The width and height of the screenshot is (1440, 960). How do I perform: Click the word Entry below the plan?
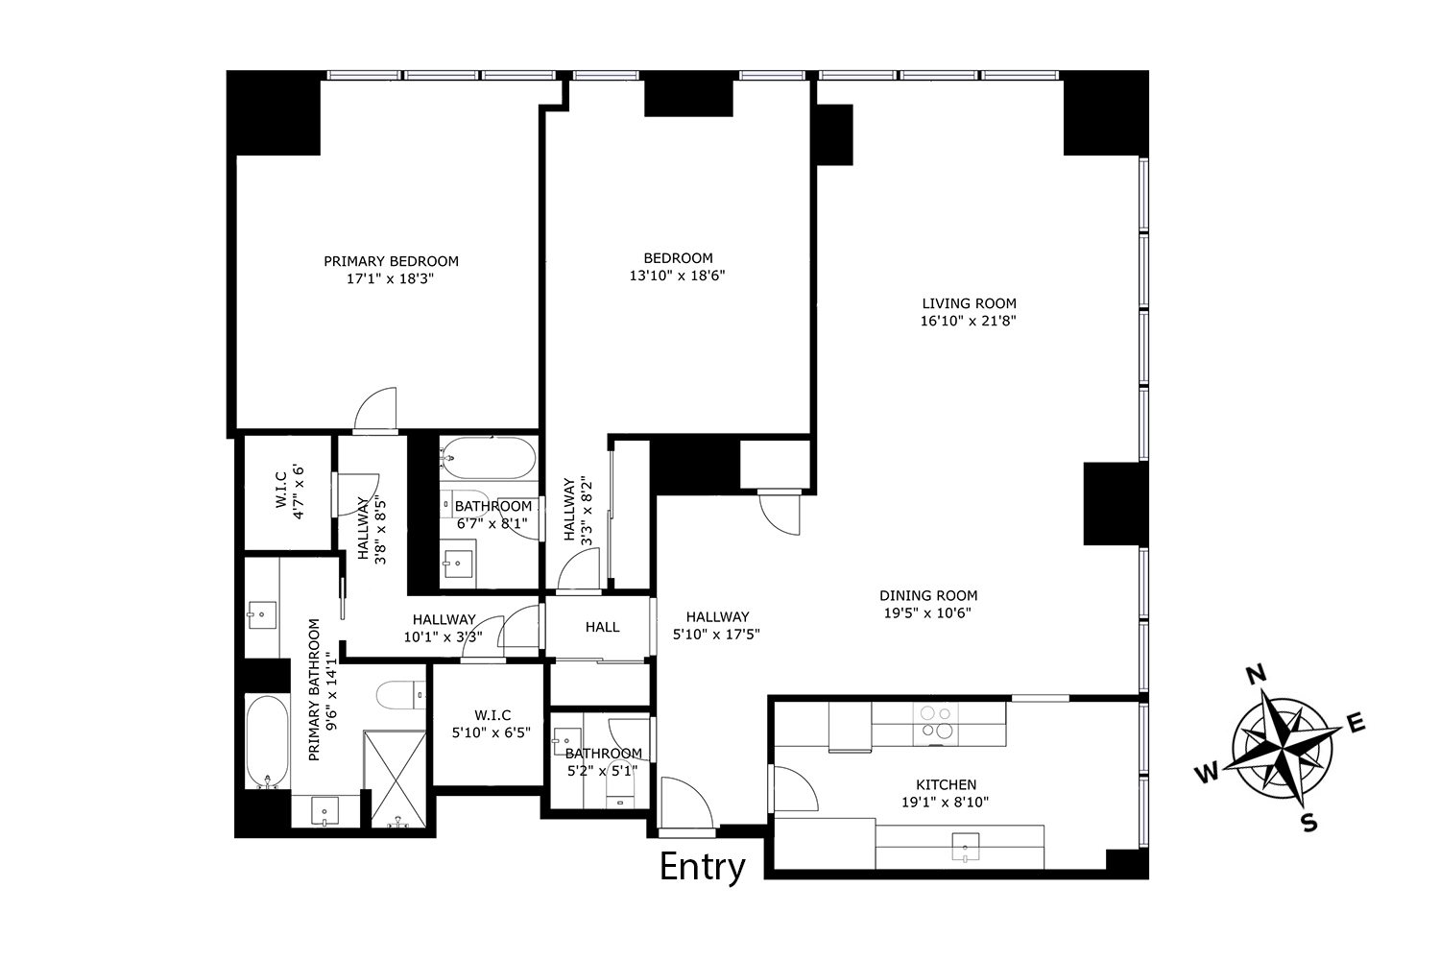click(x=702, y=868)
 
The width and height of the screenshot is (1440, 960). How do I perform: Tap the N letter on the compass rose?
click(x=1256, y=675)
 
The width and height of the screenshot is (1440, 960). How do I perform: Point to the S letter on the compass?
click(x=1309, y=823)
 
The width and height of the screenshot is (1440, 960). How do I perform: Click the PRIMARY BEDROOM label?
click(x=391, y=261)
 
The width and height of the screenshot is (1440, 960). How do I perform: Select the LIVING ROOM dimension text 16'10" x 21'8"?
click(x=968, y=321)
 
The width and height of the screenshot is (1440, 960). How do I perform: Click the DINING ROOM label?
click(x=928, y=595)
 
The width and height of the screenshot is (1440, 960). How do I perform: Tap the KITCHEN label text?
click(x=946, y=784)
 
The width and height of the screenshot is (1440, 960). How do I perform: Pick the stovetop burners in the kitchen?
click(x=936, y=723)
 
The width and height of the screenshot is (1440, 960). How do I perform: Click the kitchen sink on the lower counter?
click(x=965, y=847)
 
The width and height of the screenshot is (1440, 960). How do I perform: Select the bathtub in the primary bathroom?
click(x=267, y=741)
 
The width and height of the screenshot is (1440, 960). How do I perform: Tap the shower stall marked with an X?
click(x=395, y=778)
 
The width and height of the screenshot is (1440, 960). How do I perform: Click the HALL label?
click(x=602, y=627)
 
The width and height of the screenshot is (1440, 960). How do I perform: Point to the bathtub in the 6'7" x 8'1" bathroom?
click(x=488, y=458)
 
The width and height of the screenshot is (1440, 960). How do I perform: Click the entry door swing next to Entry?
click(x=686, y=803)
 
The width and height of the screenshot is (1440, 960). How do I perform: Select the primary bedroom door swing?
click(x=375, y=409)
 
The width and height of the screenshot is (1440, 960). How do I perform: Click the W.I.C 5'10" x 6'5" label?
click(x=492, y=724)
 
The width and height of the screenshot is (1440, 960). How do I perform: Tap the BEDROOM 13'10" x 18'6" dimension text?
click(x=678, y=276)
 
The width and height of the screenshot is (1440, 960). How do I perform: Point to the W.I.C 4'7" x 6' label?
click(x=289, y=492)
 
